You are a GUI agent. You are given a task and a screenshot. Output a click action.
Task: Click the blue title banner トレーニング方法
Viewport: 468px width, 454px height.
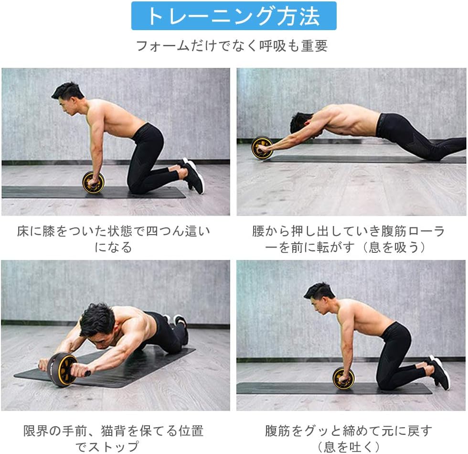coord(234,16)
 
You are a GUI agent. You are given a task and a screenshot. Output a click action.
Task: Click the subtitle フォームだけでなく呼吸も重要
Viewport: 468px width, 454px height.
coord(232,46)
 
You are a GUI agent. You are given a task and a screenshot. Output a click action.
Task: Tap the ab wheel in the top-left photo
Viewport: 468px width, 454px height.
coord(93,182)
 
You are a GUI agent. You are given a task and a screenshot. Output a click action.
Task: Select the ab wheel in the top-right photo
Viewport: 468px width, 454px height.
coord(262,148)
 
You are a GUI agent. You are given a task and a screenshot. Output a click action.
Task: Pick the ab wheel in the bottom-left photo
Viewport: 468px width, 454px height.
coord(63,369)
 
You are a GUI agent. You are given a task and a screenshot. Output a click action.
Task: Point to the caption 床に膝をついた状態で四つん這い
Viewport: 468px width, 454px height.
coord(114,232)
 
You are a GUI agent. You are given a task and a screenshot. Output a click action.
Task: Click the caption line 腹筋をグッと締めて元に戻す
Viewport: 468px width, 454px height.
coord(349,431)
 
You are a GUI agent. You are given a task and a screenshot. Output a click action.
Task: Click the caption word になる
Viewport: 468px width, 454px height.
coord(113,248)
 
